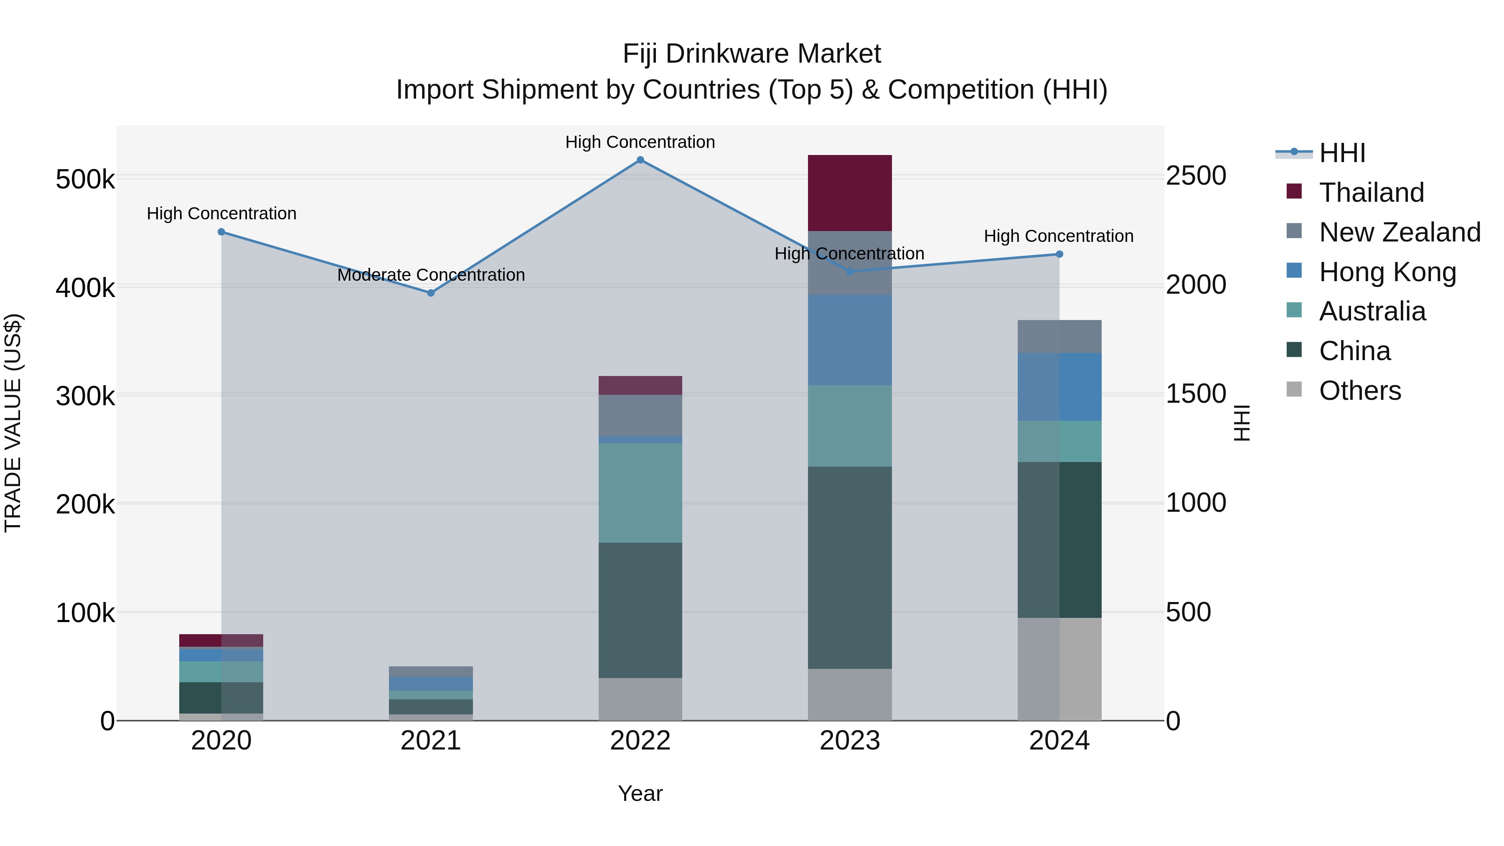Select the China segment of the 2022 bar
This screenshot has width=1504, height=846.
pyautogui.click(x=640, y=610)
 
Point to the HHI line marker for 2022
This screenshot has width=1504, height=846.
pyautogui.click(x=640, y=160)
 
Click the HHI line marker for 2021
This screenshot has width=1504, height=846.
pyautogui.click(x=431, y=293)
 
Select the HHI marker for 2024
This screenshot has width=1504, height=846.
pyautogui.click(x=1059, y=254)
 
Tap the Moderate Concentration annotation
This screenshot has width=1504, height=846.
pyautogui.click(x=431, y=274)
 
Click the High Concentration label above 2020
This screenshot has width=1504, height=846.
pyautogui.click(x=221, y=213)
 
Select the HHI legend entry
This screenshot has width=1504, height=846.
pyautogui.click(x=1341, y=153)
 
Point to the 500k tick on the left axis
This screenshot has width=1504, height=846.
pyautogui.click(x=85, y=179)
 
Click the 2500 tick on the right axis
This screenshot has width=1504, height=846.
pyautogui.click(x=1196, y=176)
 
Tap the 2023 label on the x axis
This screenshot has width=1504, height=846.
pyautogui.click(x=849, y=741)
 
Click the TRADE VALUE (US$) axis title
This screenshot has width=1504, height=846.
pyautogui.click(x=13, y=423)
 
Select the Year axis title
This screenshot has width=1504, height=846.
pyautogui.click(x=640, y=793)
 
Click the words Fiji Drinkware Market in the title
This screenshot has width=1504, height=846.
pyautogui.click(x=752, y=54)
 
